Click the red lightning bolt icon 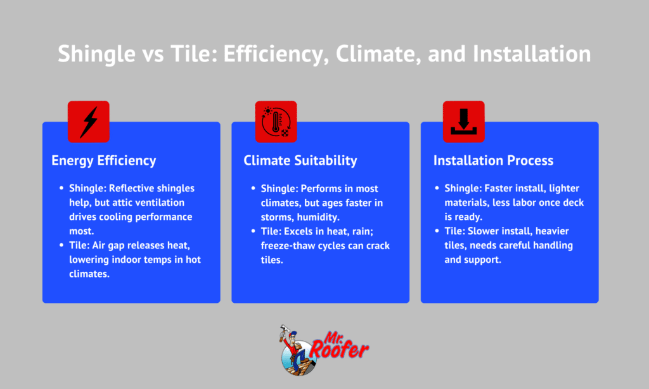89,122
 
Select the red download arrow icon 463,122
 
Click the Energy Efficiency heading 103,160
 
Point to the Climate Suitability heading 300,160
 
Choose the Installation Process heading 493,160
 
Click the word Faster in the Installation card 496,188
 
